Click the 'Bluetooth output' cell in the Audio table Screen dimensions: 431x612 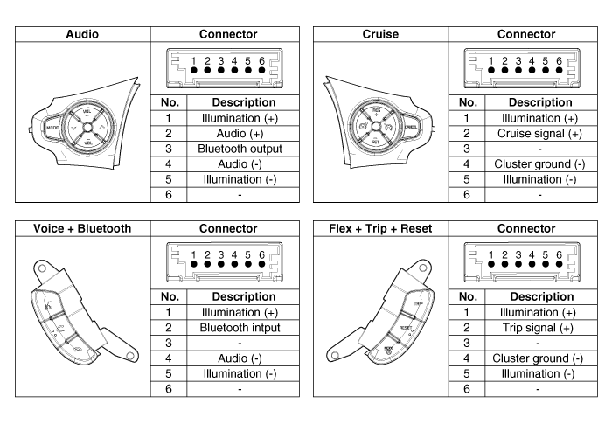228,148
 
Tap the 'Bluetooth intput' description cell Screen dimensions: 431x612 228,325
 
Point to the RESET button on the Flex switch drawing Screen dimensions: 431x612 406,327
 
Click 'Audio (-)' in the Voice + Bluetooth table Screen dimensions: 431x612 228,358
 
